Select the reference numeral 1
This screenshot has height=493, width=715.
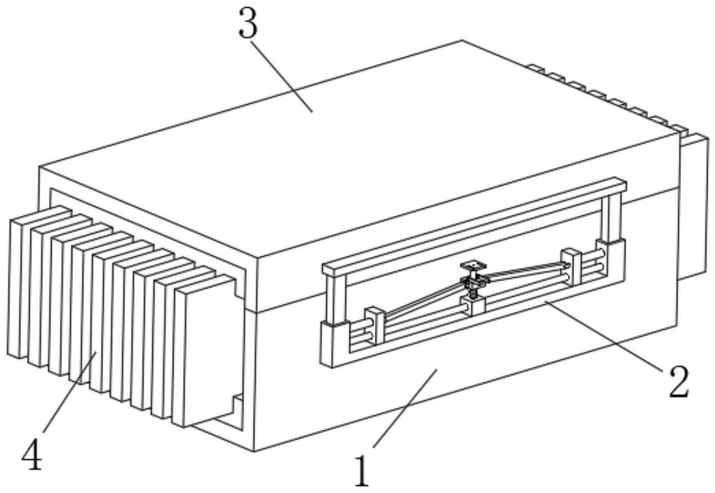[x=362, y=471]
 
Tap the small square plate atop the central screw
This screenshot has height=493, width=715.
[x=473, y=265]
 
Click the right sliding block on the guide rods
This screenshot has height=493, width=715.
[x=572, y=266]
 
